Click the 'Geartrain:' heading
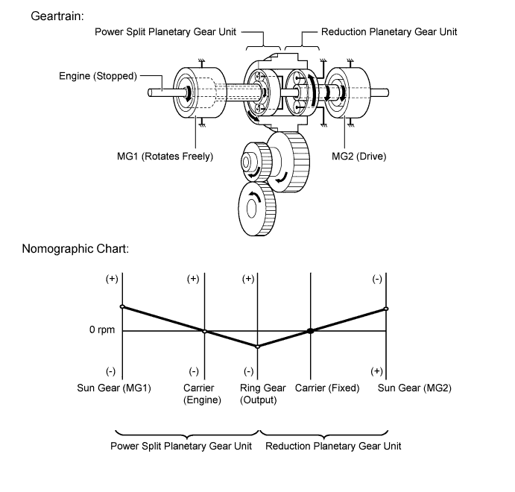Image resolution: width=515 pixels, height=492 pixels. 57,16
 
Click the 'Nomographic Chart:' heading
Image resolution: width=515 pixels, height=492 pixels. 76,248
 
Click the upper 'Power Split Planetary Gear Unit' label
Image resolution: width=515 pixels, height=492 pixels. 166,32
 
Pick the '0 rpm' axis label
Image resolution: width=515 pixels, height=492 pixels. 101,330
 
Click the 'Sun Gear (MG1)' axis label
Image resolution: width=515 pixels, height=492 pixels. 114,388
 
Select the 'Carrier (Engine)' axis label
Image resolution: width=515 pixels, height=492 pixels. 202,394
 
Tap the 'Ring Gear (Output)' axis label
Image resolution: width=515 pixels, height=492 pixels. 262,394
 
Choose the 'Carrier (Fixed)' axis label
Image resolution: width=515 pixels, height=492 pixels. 327,388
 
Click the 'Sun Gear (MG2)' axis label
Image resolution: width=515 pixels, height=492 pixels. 414,388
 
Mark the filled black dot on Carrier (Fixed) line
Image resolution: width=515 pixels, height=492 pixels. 311,331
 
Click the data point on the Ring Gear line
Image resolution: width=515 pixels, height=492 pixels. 258,347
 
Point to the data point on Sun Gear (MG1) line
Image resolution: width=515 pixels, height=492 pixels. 122,306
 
